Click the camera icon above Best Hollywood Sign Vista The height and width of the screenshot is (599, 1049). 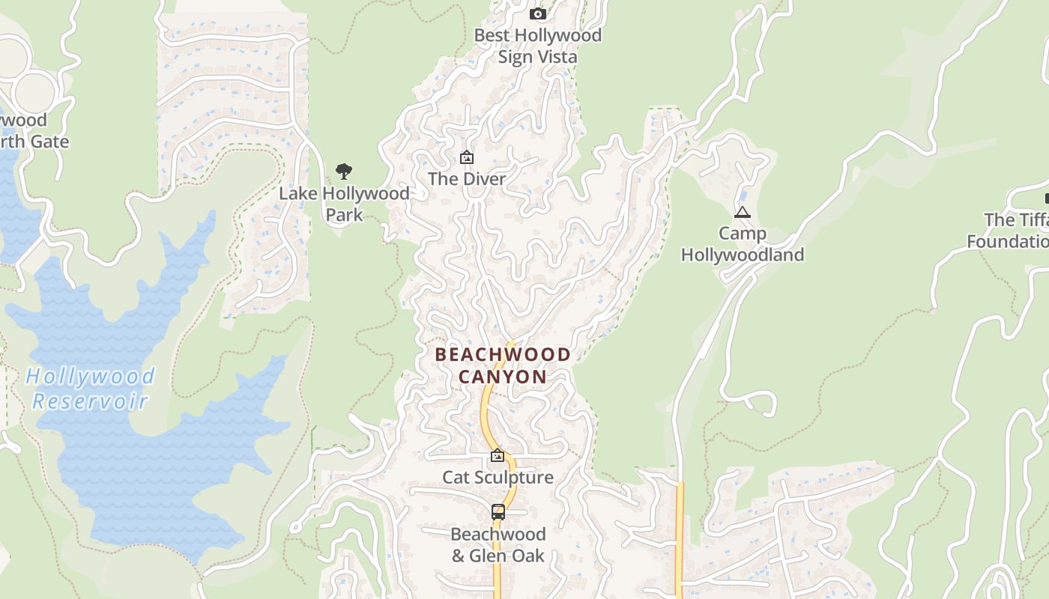click(537, 13)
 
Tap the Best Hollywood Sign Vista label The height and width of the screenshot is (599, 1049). click(537, 46)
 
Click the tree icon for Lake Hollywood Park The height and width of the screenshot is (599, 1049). click(344, 171)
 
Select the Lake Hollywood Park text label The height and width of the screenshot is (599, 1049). click(344, 204)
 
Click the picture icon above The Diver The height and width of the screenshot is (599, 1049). click(466, 157)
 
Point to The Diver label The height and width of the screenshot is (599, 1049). click(466, 179)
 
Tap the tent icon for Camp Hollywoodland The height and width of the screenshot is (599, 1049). click(742, 212)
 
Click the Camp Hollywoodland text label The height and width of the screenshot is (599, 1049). click(742, 244)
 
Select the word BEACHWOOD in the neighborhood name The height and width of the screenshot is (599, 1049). click(503, 354)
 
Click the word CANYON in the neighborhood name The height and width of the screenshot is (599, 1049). click(503, 377)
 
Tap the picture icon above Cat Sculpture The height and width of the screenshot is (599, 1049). click(497, 455)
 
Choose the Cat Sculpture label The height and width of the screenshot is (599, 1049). click(498, 477)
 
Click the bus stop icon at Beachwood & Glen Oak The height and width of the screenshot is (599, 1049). click(498, 512)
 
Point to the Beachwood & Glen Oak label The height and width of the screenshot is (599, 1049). click(498, 545)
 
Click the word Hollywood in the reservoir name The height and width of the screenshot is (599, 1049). click(91, 376)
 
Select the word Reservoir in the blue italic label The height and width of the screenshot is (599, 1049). click(91, 401)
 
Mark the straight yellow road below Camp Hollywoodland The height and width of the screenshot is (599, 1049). click(680, 539)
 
